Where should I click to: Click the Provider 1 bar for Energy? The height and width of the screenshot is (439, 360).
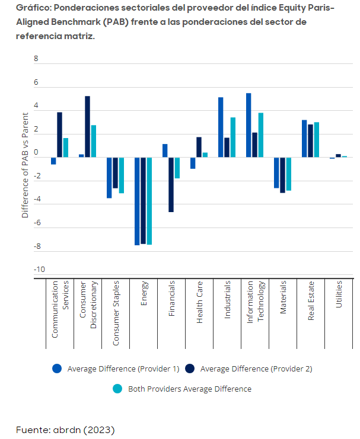tap(137, 201)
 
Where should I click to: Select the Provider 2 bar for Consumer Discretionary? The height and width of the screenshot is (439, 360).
tap(88, 127)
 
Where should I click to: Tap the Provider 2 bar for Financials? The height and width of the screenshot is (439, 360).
tap(171, 184)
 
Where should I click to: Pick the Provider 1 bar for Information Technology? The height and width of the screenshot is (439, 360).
tap(249, 125)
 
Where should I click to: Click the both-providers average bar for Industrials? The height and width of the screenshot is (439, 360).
tap(233, 137)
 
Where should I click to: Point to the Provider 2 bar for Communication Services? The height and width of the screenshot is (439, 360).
tap(60, 134)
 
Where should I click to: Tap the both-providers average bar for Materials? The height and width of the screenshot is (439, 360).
tap(289, 174)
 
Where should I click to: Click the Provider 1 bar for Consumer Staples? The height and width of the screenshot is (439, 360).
tap(109, 178)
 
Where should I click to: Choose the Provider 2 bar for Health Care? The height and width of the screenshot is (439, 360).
tap(199, 147)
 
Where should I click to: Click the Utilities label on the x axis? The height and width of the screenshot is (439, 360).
tap(339, 294)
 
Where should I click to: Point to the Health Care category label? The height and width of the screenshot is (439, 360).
tap(200, 302)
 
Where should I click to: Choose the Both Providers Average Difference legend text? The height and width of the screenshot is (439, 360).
tap(190, 389)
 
